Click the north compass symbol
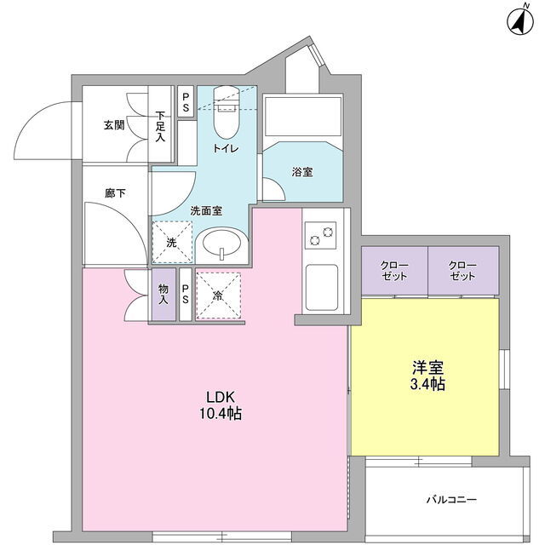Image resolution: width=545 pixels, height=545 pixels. point(520,21)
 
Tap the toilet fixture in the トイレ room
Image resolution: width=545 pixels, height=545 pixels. point(227,112)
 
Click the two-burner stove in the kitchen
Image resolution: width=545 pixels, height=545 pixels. point(320,235)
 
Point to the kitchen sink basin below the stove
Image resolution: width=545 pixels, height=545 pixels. point(322,288)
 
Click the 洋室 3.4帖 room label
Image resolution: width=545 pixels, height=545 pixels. point(427,376)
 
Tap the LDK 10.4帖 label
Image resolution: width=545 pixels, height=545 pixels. point(221,405)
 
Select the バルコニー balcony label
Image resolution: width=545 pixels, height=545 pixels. point(451,500)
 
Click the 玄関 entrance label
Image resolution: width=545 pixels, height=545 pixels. point(114,125)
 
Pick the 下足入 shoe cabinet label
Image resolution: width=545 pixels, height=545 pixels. point(160,126)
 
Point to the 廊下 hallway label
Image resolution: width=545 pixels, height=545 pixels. point(115,193)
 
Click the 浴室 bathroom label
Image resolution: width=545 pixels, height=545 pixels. point(302,172)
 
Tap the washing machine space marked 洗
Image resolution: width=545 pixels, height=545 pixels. point(172,242)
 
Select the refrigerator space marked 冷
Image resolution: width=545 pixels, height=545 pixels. point(219,295)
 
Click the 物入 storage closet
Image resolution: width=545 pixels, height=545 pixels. point(163,295)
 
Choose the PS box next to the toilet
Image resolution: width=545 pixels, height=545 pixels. point(186,101)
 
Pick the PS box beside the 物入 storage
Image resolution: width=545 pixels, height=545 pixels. point(186,295)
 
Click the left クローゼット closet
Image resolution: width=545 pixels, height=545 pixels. point(394,271)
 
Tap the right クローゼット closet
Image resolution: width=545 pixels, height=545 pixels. point(463,271)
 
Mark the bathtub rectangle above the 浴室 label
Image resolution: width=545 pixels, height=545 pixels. point(303,117)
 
